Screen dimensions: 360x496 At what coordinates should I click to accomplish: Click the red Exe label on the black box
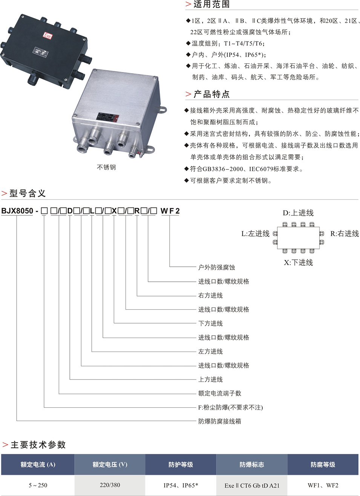pyautogui.click(x=47, y=35)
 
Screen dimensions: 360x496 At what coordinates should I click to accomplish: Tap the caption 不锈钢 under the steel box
pyautogui.click(x=106, y=167)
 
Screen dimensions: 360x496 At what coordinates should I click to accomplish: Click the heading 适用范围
pyautogui.click(x=211, y=4)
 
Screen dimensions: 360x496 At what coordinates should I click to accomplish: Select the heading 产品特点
pyautogui.click(x=211, y=94)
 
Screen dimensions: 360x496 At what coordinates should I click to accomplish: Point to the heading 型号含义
pyautogui.click(x=28, y=193)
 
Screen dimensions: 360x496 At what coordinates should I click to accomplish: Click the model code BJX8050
pyautogui.click(x=17, y=211)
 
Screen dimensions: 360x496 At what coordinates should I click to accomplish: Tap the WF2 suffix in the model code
pyautogui.click(x=170, y=211)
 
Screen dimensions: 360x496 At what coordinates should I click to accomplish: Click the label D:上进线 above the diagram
pyautogui.click(x=298, y=213)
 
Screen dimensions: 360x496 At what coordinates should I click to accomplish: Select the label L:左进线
pyautogui.click(x=255, y=233)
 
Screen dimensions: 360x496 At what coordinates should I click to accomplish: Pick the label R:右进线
pyautogui.click(x=344, y=233)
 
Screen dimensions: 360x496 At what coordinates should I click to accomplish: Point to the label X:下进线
pyautogui.click(x=298, y=263)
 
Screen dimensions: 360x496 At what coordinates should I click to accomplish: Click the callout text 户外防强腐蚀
pyautogui.click(x=216, y=267)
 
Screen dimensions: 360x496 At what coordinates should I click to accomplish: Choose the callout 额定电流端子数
pyautogui.click(x=219, y=393)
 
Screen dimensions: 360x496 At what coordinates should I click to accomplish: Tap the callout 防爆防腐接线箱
pyautogui.click(x=219, y=421)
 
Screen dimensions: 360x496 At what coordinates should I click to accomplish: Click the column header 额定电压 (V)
pyautogui.click(x=110, y=464)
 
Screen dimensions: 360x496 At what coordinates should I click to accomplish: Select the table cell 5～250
pyautogui.click(x=38, y=485)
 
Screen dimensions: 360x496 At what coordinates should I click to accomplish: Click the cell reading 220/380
pyautogui.click(x=110, y=485)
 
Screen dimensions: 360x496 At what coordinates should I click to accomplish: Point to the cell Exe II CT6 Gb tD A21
pyautogui.click(x=252, y=485)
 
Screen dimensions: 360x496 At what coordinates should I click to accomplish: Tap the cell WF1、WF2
pyautogui.click(x=323, y=485)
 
